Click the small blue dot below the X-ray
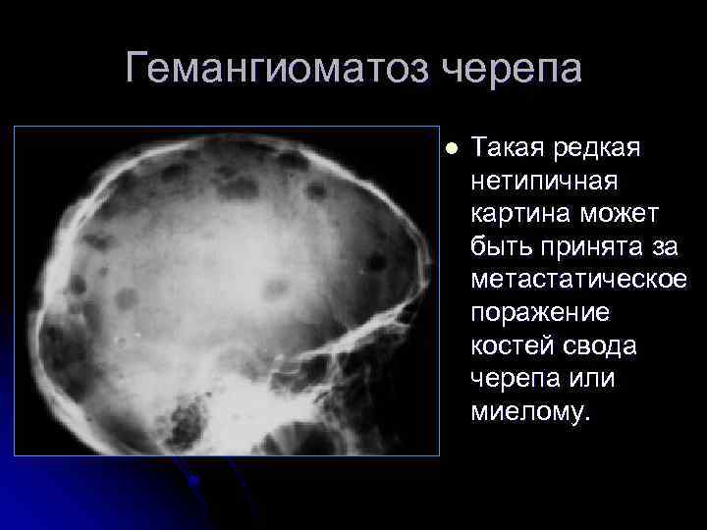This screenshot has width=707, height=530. pos(195,480)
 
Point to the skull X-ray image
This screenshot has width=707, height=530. pos(226,291)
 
